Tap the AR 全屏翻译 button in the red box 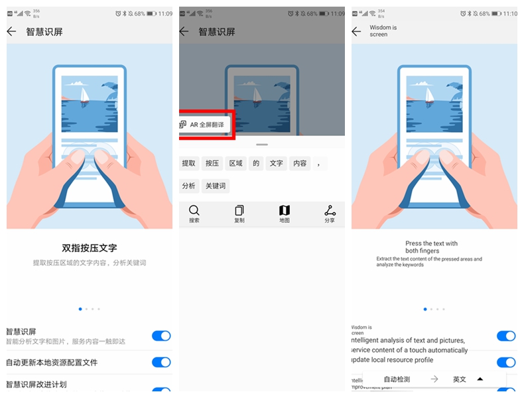206,125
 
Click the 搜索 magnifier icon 194,211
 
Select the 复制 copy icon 239,211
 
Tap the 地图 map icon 285,211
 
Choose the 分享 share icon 330,211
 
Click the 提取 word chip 189,163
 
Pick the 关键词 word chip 215,186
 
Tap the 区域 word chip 235,163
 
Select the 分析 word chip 189,186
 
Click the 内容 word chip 300,163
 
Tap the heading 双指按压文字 90,248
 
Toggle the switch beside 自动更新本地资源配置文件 161,362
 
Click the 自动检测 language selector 397,379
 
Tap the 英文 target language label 460,379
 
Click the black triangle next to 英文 480,379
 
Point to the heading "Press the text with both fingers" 431,247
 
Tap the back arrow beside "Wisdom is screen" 356,31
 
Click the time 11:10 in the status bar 510,13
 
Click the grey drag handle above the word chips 262,144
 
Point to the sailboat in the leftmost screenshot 84,94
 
